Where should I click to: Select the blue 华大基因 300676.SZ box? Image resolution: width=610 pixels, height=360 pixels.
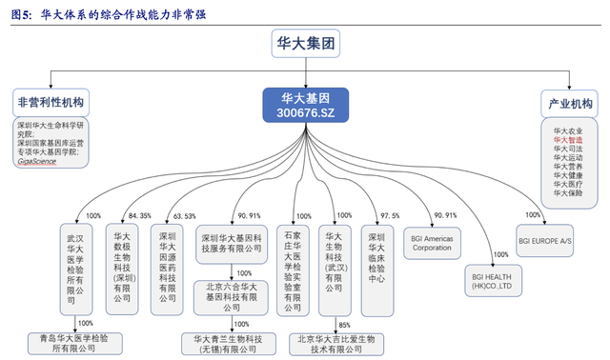click(306, 105)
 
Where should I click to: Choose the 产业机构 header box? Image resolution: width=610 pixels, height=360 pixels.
click(571, 103)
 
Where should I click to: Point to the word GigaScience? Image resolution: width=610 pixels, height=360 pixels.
click(37, 161)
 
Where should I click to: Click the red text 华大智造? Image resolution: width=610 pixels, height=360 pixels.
click(568, 139)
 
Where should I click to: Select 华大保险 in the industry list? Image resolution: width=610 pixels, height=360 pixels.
click(568, 193)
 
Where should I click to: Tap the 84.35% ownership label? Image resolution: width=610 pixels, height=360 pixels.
click(140, 216)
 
